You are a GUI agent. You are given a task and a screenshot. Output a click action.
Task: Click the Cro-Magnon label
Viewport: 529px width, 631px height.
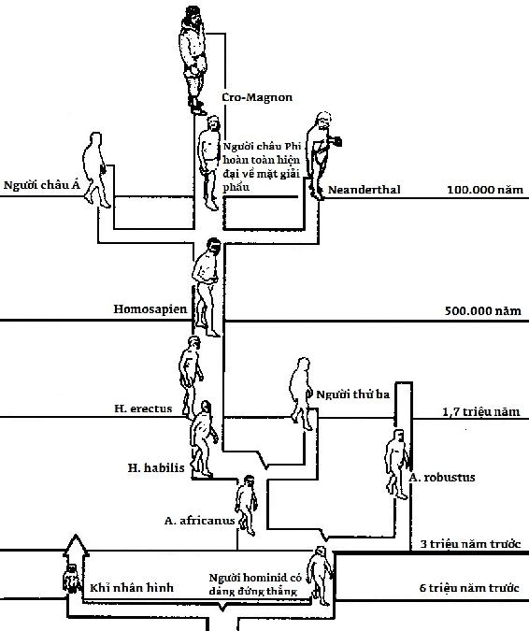tap(257, 97)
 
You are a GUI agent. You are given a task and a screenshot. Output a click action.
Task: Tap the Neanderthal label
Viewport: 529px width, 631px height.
tap(365, 190)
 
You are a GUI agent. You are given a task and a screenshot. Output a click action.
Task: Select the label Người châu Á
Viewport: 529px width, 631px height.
tap(42, 185)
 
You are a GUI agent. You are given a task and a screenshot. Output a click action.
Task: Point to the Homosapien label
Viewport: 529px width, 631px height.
tap(150, 309)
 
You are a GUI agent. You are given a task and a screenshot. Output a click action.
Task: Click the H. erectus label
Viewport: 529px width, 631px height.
tap(143, 409)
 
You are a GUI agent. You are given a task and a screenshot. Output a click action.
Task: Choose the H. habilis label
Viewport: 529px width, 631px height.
tap(156, 467)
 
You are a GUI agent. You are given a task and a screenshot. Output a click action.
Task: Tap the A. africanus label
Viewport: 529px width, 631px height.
tap(199, 521)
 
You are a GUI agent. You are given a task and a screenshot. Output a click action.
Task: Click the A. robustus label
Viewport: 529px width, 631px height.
tap(442, 478)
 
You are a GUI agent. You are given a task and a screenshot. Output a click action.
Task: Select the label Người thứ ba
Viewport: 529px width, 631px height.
tap(353, 394)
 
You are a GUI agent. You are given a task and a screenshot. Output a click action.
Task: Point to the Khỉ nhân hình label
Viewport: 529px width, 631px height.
tap(132, 587)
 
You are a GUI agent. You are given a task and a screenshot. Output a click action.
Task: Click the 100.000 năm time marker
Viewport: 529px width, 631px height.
tap(486, 190)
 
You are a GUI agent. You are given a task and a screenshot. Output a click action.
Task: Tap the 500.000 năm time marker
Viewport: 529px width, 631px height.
tap(483, 310)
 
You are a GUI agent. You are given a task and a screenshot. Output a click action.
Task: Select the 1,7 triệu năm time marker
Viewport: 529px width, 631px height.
tap(481, 411)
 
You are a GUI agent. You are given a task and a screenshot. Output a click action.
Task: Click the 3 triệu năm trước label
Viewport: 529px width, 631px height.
tap(471, 544)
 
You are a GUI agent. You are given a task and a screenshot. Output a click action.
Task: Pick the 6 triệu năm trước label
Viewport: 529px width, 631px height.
tap(469, 588)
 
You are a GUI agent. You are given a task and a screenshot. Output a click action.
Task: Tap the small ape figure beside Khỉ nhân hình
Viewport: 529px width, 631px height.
tap(72, 579)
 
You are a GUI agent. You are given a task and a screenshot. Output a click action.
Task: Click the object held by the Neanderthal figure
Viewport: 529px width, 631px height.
tap(336, 141)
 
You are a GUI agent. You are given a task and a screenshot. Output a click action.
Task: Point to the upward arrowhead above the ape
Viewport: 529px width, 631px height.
tap(76, 545)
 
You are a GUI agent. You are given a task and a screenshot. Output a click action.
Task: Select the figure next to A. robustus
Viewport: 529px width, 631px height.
tap(397, 464)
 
